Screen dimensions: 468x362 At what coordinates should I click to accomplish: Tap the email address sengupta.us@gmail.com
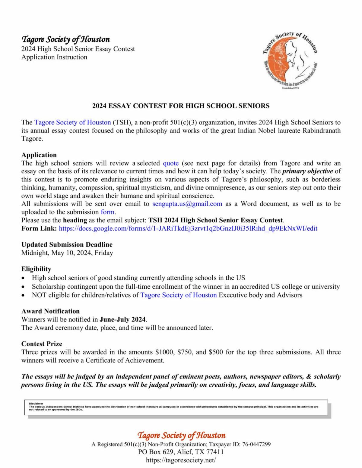pos(187,204)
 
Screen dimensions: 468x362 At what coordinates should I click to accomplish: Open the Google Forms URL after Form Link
pos(188,228)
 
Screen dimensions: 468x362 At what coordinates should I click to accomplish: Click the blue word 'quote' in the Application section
pos(171,163)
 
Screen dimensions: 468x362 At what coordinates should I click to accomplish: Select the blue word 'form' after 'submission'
pos(108,212)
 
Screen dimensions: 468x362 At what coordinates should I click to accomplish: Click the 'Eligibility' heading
pos(36,269)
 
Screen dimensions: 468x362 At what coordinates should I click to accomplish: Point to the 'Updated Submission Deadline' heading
pos(67,244)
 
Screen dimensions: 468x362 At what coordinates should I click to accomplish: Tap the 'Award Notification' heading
pos(50,311)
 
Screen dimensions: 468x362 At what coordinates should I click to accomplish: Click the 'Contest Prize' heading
pos(42,344)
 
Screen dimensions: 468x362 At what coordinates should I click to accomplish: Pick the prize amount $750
pos(185,352)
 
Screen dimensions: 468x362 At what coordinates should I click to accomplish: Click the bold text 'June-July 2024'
pos(123,319)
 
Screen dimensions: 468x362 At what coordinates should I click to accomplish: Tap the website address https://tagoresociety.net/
pos(181,460)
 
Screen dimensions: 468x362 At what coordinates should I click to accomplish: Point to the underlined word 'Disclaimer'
pos(36,404)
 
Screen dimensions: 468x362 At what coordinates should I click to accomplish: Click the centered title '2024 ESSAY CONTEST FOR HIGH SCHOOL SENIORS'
pos(181,106)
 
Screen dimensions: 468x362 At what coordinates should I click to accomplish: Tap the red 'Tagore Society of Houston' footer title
pos(181,435)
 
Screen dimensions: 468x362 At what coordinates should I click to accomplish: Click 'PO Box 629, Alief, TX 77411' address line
pos(181,452)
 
